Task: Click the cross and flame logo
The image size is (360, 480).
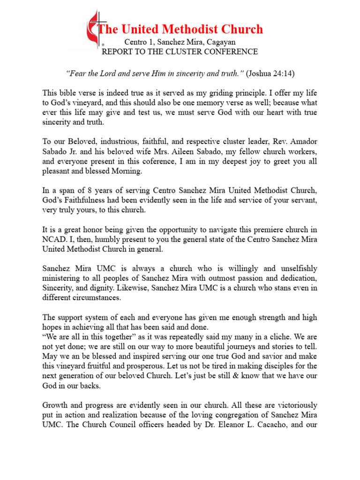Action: pos(96,30)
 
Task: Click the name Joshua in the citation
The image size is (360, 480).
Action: pos(262,74)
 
